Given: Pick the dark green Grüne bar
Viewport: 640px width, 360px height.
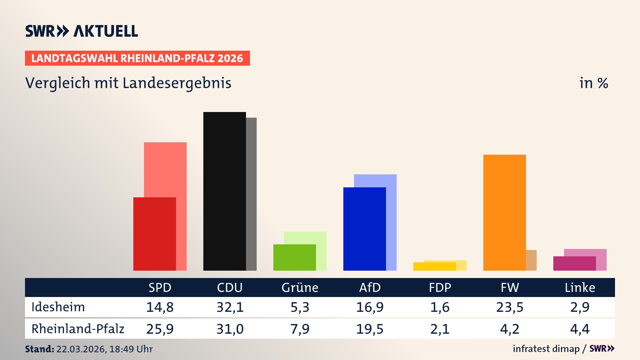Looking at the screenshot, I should coord(294,257).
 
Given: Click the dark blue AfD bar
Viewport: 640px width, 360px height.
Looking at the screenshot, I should coord(364,229).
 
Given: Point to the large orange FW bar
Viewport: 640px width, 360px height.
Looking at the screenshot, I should coord(504,212).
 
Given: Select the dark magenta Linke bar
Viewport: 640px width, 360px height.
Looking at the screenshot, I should coord(574,263).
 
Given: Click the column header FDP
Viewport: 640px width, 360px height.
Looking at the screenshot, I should coord(440,287).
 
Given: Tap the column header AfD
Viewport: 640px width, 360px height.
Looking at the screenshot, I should coord(370,287).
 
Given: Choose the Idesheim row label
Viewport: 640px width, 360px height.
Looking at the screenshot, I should coord(58,307).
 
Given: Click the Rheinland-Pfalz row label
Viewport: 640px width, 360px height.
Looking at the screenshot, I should coord(78,329).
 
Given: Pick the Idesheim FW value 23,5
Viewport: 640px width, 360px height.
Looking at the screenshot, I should coord(510,307).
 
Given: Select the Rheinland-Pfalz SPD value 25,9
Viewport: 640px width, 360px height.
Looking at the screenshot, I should coord(160,329).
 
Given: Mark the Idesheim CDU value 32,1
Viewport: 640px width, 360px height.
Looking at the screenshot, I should coord(230,307).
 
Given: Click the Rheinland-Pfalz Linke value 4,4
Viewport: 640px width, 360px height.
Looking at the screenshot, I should coord(580,329).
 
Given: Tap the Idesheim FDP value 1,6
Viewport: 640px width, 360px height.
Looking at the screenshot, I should coord(440,307).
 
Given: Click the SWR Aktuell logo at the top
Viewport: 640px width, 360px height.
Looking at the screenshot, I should coord(82,31).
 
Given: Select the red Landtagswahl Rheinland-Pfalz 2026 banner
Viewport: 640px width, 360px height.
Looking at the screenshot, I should coord(137,58).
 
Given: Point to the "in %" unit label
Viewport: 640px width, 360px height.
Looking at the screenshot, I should coord(593,83).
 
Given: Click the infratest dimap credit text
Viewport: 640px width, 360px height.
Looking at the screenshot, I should coord(546,349).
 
